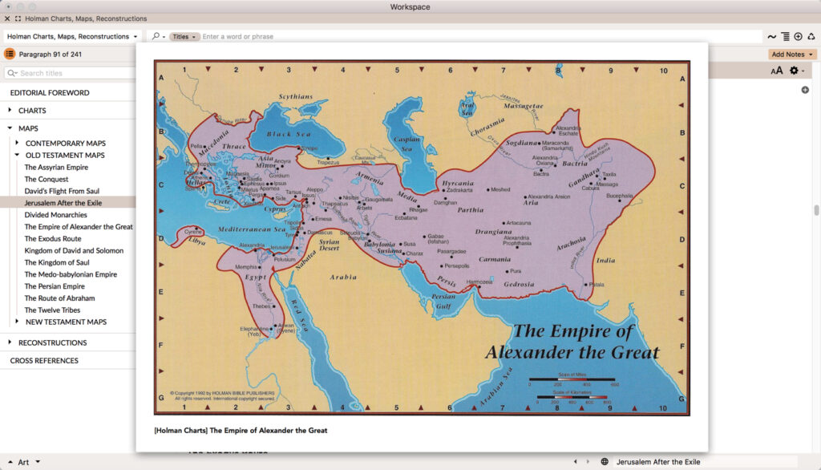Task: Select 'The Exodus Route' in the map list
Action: (x=54, y=239)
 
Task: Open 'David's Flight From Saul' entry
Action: (x=62, y=191)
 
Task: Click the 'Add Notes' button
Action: (x=791, y=55)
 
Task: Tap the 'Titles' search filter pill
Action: (x=184, y=37)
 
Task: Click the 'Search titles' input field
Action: (x=72, y=73)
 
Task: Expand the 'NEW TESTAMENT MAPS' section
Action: (x=66, y=322)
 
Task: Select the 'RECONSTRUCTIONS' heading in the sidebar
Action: (x=53, y=342)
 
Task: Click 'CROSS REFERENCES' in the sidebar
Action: (x=44, y=361)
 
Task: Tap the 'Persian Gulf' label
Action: (x=443, y=301)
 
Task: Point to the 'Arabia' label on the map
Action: (x=343, y=278)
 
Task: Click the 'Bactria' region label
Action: (x=575, y=164)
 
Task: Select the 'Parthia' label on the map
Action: (x=471, y=210)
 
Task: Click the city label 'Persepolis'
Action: (x=455, y=265)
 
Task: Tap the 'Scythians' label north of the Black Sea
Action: (x=295, y=97)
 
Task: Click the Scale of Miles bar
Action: (x=572, y=379)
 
